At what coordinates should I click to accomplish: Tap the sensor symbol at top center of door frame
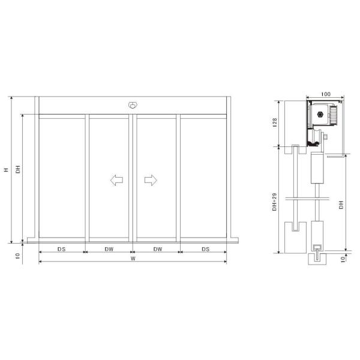click(x=133, y=105)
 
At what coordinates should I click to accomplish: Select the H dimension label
click(x=6, y=170)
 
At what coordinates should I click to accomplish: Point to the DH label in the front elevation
click(x=18, y=170)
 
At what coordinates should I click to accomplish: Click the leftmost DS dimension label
click(x=61, y=248)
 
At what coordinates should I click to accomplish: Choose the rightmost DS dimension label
click(x=205, y=248)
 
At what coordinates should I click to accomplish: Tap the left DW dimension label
click(x=109, y=248)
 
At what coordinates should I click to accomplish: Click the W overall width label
click(x=133, y=259)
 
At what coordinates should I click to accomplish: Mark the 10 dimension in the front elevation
click(x=18, y=255)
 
